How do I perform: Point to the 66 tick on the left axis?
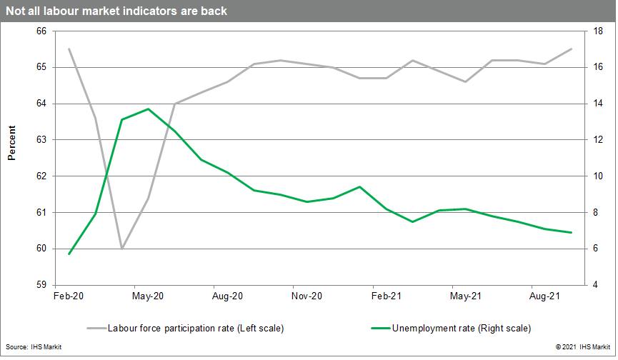(x=40, y=31)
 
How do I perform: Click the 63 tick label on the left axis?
(x=40, y=140)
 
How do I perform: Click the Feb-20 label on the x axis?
(x=69, y=295)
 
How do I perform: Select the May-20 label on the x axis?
(x=149, y=295)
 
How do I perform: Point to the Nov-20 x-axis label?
(x=308, y=295)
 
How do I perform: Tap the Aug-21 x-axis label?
(x=545, y=295)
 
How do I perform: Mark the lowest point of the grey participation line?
(x=122, y=249)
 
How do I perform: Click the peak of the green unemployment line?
(x=148, y=109)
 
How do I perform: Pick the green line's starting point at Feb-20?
(x=69, y=254)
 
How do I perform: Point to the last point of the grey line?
(x=571, y=49)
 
